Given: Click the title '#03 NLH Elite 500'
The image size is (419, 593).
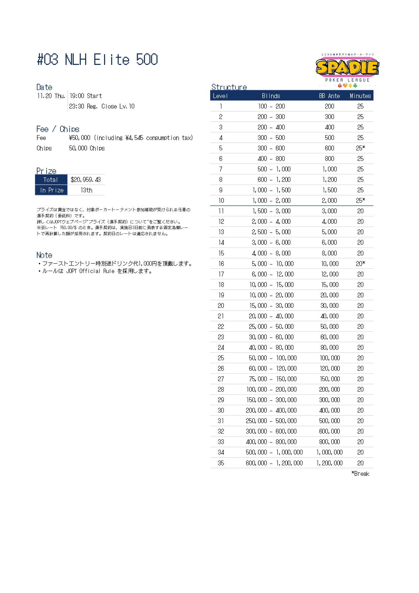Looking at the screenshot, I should (97, 59).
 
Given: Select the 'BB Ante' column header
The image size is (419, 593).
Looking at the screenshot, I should (329, 96).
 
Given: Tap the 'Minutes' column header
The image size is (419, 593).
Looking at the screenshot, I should (360, 96).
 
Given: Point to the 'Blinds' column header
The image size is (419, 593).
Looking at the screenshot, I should (271, 96).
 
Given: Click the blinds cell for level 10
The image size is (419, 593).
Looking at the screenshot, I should (271, 200).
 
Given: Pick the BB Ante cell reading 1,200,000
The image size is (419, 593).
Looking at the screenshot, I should (329, 463).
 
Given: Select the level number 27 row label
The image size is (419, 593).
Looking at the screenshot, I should (221, 379).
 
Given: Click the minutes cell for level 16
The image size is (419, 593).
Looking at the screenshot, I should (360, 264).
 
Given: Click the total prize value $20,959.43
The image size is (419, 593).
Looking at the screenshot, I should (86, 180).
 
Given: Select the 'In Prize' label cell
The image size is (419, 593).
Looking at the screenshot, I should (51, 190).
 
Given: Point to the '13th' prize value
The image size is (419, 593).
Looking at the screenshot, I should (86, 190).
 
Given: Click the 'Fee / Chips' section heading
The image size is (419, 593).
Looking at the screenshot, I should (58, 129).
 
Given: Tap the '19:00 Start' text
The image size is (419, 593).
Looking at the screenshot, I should (85, 96).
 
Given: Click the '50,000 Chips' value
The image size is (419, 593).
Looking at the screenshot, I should (87, 148).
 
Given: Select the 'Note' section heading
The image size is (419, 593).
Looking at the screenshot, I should (44, 255).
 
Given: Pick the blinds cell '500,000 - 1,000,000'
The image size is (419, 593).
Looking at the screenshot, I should (274, 452).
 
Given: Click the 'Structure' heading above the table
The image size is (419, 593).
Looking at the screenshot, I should (229, 87).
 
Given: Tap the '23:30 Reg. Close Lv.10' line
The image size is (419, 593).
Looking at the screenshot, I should (102, 106).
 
